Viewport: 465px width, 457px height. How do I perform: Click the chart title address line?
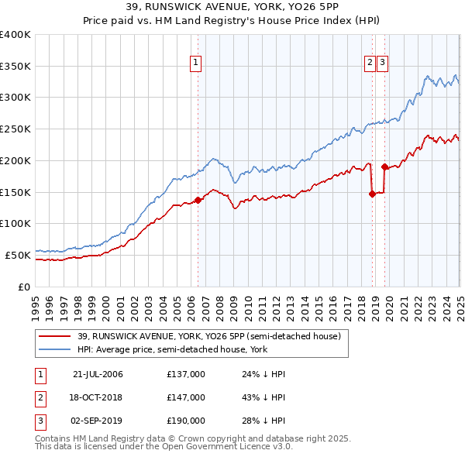[x=232, y=7]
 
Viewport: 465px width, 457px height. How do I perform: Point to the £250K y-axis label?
[x=16, y=129]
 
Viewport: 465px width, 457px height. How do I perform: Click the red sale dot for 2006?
[x=198, y=200]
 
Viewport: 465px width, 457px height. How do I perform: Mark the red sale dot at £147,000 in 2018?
[x=373, y=194]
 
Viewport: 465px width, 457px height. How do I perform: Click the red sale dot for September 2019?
[x=384, y=167]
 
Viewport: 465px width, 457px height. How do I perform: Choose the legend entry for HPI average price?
[x=165, y=349]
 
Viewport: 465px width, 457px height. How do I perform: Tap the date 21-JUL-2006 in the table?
[x=98, y=374]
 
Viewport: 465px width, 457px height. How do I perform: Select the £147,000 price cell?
[x=186, y=397]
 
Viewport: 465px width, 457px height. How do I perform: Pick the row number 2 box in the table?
[x=40, y=397]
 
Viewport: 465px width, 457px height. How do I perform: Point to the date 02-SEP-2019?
[x=98, y=421]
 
